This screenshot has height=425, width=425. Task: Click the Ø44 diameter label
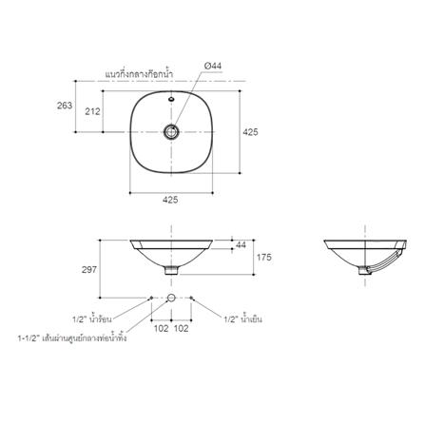(213, 66)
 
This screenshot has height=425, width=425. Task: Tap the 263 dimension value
(65, 106)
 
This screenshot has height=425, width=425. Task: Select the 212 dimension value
(92, 111)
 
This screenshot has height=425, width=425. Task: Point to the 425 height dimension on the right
(250, 132)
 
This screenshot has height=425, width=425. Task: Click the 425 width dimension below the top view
(170, 200)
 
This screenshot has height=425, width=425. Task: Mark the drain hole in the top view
(171, 132)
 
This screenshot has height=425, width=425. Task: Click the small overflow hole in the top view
(171, 99)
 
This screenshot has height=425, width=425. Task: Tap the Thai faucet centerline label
(139, 74)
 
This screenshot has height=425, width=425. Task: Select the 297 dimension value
(89, 270)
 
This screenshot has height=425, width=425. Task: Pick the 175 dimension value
(264, 257)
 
